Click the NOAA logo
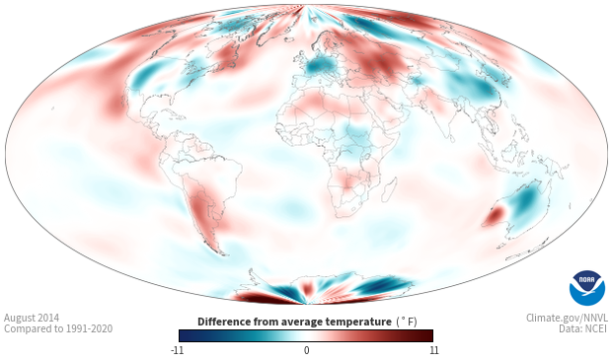586,288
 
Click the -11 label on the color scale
178,350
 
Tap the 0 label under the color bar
306,350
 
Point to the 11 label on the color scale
433,350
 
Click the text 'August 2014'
32,318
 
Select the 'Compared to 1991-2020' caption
58,328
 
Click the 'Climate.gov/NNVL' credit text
567,318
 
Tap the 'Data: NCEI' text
583,328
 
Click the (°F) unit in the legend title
407,323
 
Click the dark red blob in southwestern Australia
495,216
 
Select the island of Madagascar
389,190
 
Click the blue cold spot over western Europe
318,67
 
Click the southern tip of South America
222,253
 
